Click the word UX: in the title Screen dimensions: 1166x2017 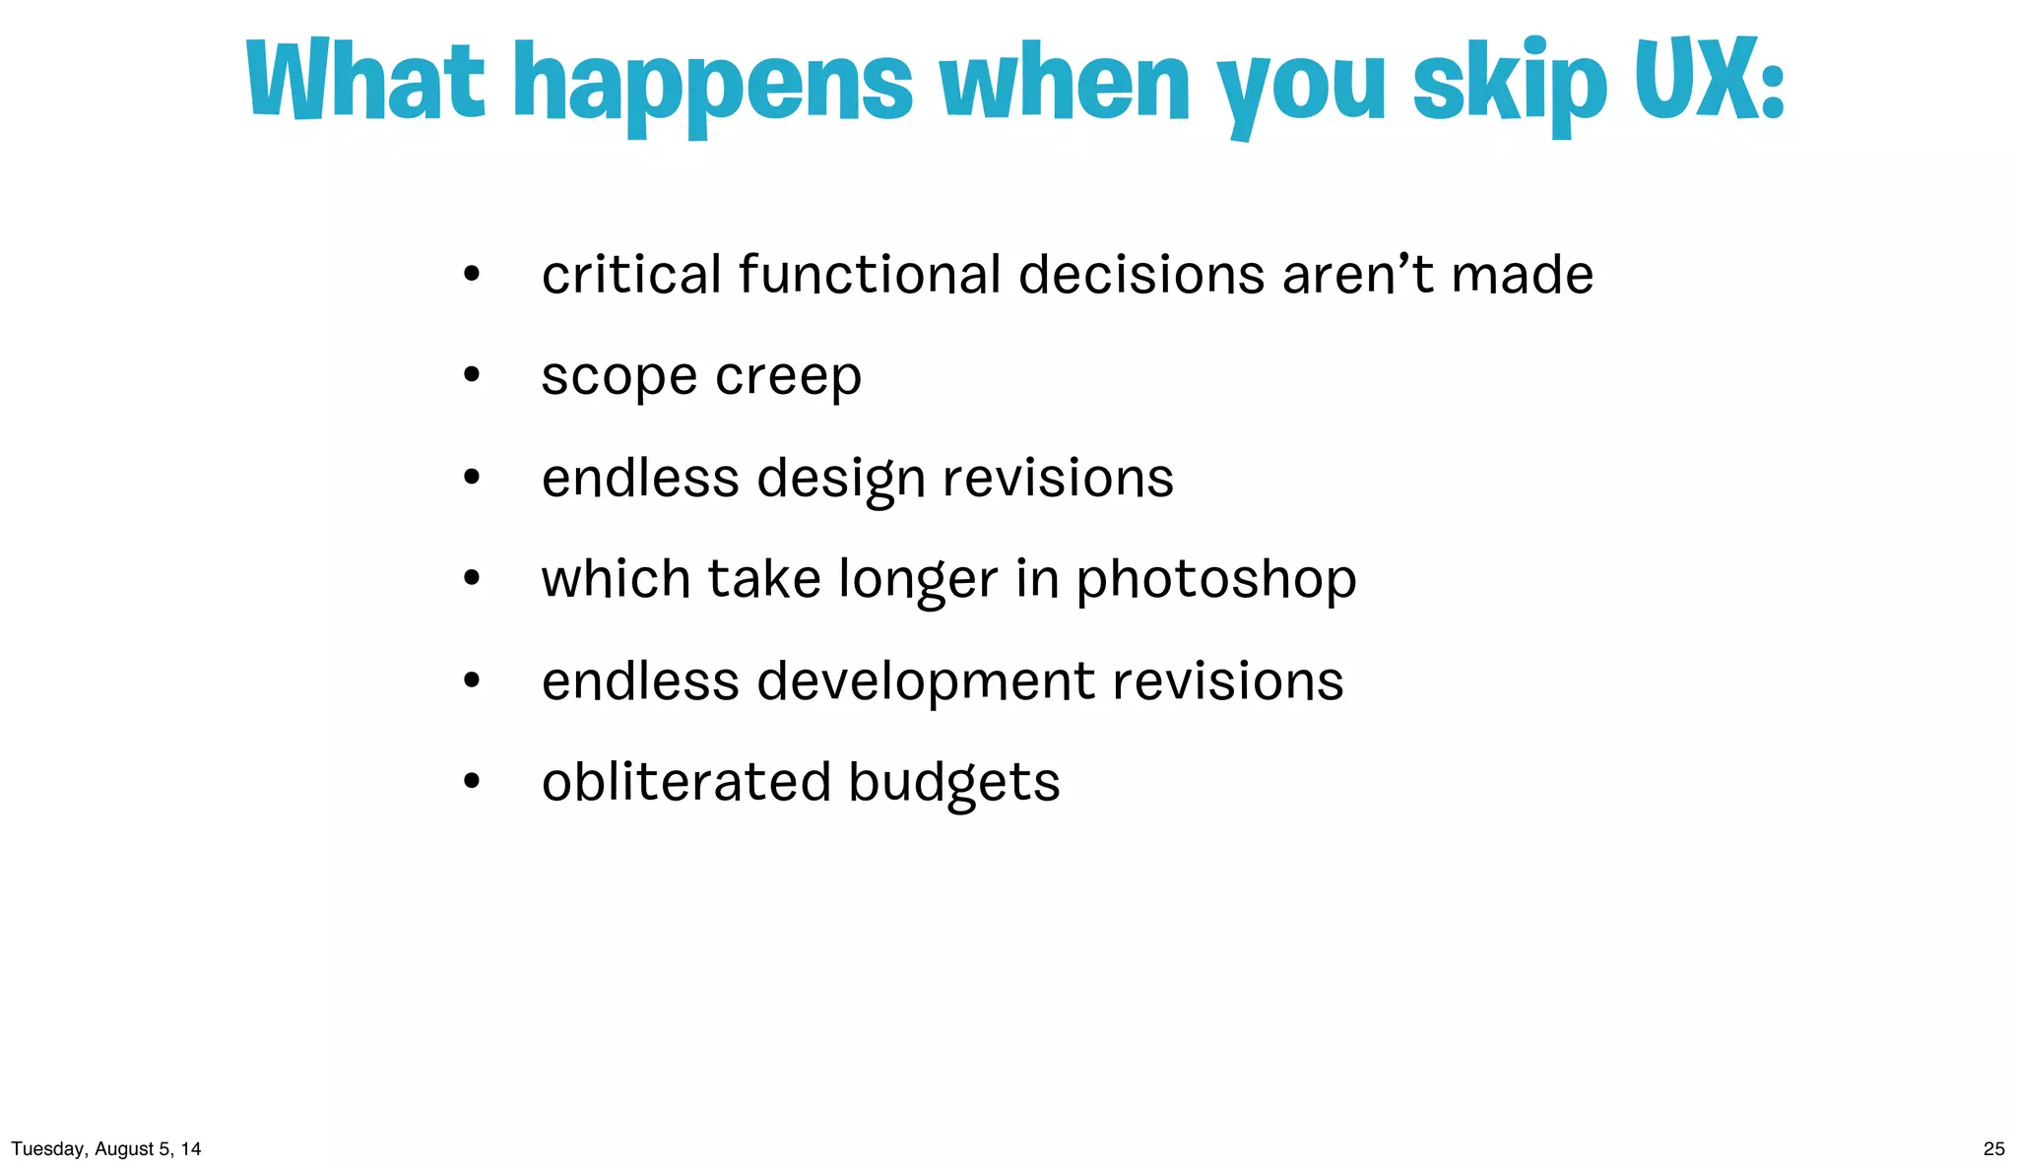click(1709, 81)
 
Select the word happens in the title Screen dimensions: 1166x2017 click(714, 87)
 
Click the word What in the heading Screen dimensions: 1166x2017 click(365, 81)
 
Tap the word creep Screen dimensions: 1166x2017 click(788, 377)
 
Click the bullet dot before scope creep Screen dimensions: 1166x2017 click(472, 375)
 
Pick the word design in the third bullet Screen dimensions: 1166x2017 click(840, 480)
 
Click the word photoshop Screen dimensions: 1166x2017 click(1215, 580)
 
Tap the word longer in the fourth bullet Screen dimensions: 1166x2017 click(918, 580)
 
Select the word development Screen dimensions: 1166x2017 click(926, 681)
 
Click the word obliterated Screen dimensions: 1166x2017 click(686, 782)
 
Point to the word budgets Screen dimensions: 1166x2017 click(953, 784)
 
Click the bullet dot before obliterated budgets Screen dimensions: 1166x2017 click(472, 782)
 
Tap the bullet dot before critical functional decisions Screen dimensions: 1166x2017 click(472, 275)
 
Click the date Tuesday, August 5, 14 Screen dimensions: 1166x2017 click(106, 1148)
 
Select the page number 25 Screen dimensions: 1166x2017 click(1993, 1148)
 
